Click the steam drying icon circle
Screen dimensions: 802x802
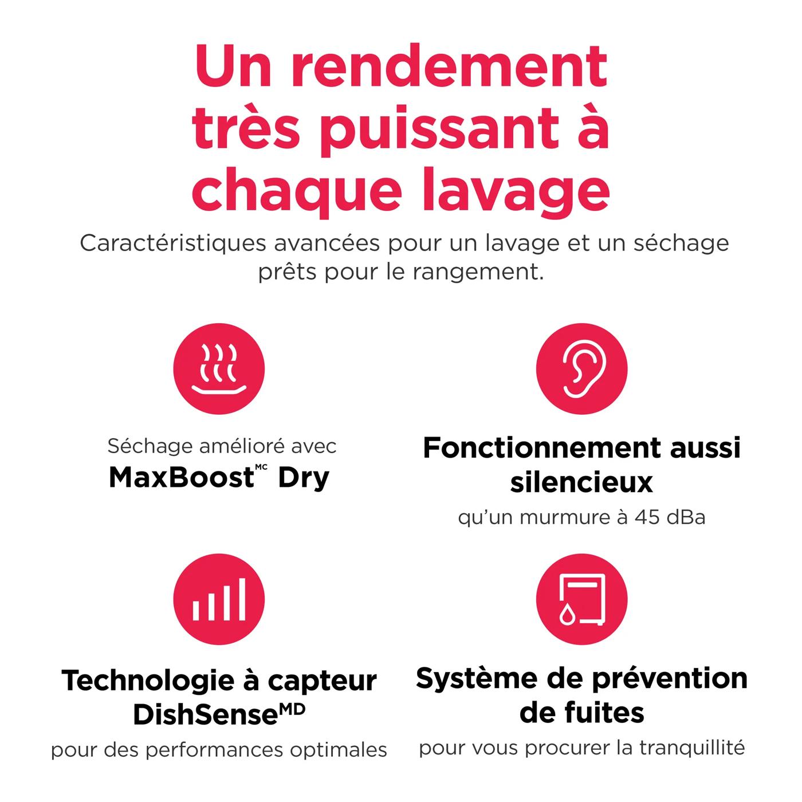219,368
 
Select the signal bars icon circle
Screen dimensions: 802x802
219,599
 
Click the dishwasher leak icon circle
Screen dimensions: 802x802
581,599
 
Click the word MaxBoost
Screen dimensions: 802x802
181,477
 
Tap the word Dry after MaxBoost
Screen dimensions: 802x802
304,478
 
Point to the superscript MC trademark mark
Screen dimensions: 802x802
261,467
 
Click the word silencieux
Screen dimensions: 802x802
581,482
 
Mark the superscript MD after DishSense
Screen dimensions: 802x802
292,709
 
